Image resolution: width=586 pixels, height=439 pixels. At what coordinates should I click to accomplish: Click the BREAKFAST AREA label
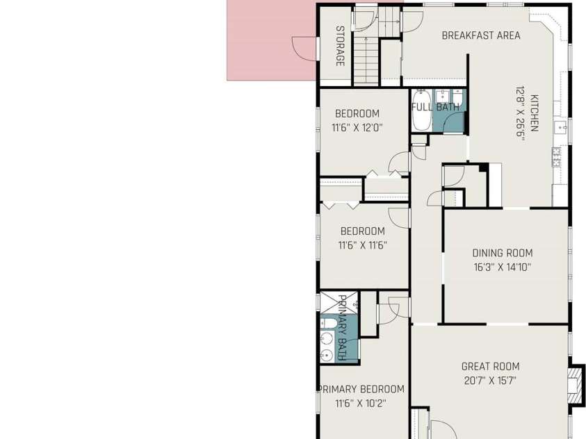(481, 35)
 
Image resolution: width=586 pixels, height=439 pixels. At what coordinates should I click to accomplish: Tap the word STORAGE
(340, 46)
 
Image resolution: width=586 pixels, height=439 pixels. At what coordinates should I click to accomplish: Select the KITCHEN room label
(534, 113)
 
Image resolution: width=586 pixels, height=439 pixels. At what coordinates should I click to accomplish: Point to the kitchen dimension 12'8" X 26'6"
(521, 113)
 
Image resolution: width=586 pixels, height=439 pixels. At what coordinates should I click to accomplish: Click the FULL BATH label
(435, 107)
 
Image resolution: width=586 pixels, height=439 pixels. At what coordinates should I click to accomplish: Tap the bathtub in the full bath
(421, 110)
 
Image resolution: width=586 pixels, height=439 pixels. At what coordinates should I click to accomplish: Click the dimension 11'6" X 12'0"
(357, 128)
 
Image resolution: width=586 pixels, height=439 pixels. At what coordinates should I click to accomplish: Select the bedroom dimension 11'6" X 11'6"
(362, 245)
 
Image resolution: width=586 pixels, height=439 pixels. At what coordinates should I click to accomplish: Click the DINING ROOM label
(503, 253)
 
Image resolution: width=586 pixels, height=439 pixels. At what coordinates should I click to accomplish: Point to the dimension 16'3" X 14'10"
(503, 267)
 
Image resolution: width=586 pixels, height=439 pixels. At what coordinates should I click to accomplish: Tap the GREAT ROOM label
(490, 367)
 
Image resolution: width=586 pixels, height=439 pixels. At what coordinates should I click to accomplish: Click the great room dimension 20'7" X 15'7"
(490, 381)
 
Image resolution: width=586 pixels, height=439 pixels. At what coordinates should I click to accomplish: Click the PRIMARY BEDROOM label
(361, 390)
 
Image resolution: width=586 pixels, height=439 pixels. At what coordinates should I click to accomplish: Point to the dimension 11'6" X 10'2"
(361, 404)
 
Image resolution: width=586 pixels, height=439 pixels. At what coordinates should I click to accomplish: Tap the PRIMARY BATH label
(342, 328)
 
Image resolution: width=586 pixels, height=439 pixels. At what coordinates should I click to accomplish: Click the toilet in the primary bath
(327, 323)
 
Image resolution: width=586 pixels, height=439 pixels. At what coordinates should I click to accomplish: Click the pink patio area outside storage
(271, 40)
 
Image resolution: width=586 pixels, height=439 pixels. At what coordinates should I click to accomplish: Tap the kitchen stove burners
(556, 156)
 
